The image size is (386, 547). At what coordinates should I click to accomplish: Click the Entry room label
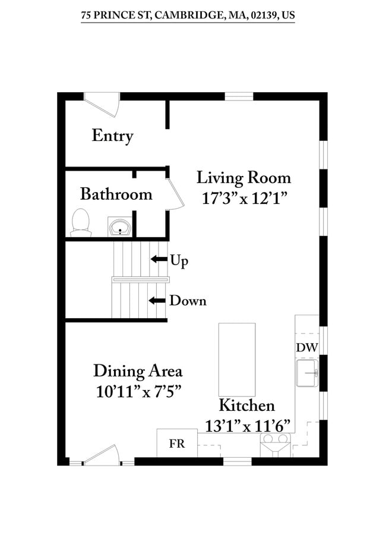[112, 136]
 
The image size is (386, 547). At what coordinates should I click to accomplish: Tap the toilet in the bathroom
[81, 223]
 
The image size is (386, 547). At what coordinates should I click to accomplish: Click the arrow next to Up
[159, 259]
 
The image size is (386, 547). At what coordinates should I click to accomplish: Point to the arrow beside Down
[157, 300]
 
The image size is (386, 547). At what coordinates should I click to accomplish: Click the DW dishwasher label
[307, 347]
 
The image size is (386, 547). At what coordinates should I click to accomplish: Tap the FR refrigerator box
[177, 443]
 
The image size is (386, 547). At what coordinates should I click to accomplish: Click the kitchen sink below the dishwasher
[307, 373]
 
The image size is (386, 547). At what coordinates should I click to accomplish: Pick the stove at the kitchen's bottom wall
[275, 445]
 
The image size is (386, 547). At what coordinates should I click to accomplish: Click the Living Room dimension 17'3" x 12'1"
[245, 199]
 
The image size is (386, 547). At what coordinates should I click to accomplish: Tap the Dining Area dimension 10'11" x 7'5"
[138, 392]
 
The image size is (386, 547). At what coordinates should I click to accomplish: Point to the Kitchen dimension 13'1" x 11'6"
[248, 426]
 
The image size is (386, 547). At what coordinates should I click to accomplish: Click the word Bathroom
[116, 194]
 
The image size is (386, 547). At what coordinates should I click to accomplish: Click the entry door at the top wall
[102, 104]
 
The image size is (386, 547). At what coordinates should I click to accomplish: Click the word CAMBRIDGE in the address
[190, 15]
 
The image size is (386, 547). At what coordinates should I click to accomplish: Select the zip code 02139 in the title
[263, 15]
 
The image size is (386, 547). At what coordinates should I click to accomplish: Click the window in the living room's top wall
[239, 96]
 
